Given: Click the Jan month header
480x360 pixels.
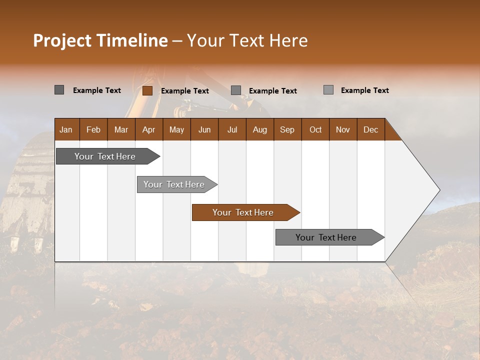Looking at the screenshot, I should pos(66,129).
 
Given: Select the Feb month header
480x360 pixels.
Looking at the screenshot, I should pos(93,129).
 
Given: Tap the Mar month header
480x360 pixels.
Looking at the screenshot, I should pos(121,129).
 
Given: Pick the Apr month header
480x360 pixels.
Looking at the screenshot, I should pos(148,129).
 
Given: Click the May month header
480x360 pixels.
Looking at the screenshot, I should pos(176,129).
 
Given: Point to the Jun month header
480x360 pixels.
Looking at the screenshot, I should pos(204,129).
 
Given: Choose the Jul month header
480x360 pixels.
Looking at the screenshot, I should pos(232,129).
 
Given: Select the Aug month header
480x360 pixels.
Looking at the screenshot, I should pos(259,129).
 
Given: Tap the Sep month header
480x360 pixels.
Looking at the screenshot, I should pos(287,129).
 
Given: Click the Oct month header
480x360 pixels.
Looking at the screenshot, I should pos(315,129).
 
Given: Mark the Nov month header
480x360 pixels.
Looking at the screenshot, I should pos(343,129).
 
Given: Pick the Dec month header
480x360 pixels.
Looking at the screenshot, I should pos(370,129).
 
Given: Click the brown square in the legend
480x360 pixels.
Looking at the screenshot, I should pos(147,90).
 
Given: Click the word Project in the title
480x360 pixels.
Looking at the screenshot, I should pos(62,40).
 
